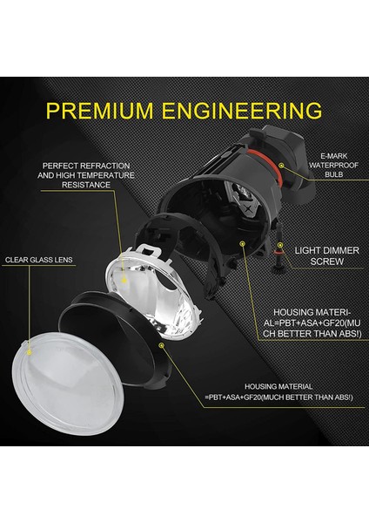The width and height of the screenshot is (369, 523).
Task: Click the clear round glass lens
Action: (62, 384)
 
